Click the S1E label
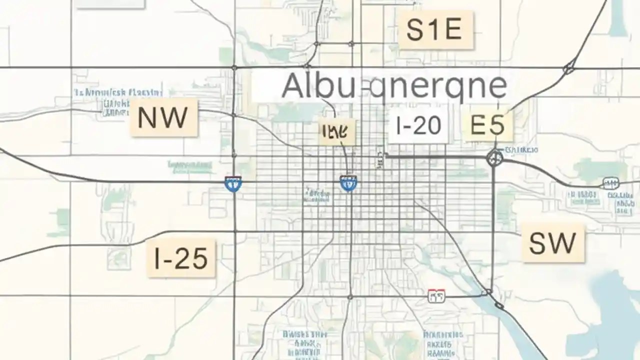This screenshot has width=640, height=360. pyautogui.click(x=434, y=30)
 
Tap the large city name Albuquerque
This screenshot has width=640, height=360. pyautogui.click(x=394, y=86)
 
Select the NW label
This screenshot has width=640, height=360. pyautogui.click(x=163, y=118)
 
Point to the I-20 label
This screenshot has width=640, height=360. pyautogui.click(x=418, y=126)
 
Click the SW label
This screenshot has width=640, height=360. pyautogui.click(x=552, y=243)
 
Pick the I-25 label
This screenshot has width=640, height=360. pyautogui.click(x=181, y=258)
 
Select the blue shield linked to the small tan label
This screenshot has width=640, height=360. pyautogui.click(x=348, y=183)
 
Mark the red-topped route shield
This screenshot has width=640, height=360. pyautogui.click(x=435, y=296)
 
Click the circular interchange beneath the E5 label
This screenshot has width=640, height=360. pyautogui.click(x=494, y=158)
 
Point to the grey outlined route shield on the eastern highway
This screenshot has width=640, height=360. pyautogui.click(x=610, y=183)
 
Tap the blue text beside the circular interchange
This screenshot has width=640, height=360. pyautogui.click(x=521, y=149)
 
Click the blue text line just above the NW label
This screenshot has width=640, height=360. pyautogui.click(x=118, y=92)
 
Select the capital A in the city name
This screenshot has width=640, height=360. pyautogui.click(x=293, y=86)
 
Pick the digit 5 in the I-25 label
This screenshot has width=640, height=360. pyautogui.click(x=197, y=258)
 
